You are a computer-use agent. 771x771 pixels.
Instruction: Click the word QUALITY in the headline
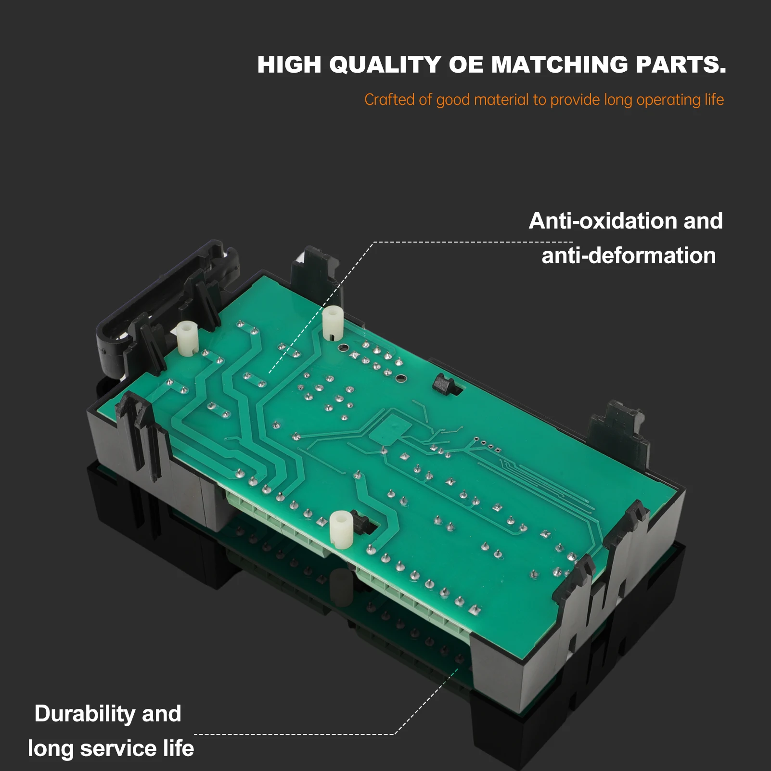(385, 65)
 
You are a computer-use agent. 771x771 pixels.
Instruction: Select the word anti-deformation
(629, 255)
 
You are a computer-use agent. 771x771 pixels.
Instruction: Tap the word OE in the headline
(466, 64)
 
